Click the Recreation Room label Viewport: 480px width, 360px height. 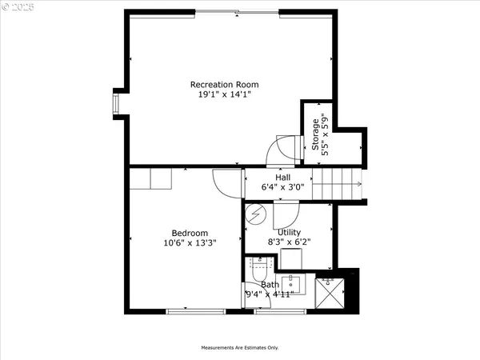coord(224,84)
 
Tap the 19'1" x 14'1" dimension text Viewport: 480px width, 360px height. coord(224,94)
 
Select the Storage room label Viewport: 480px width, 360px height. coord(315,134)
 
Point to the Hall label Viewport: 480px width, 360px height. coord(283,178)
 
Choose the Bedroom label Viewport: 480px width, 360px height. coord(190,233)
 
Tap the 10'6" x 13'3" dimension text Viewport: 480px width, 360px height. coord(190,242)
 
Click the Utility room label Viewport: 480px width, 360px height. coord(288,233)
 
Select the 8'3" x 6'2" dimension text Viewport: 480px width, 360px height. coord(288,242)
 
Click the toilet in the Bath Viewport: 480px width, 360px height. coord(258,272)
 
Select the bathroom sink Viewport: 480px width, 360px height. coord(292,283)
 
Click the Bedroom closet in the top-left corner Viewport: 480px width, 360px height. coord(151,178)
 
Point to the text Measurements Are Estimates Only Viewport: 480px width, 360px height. coord(239,348)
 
